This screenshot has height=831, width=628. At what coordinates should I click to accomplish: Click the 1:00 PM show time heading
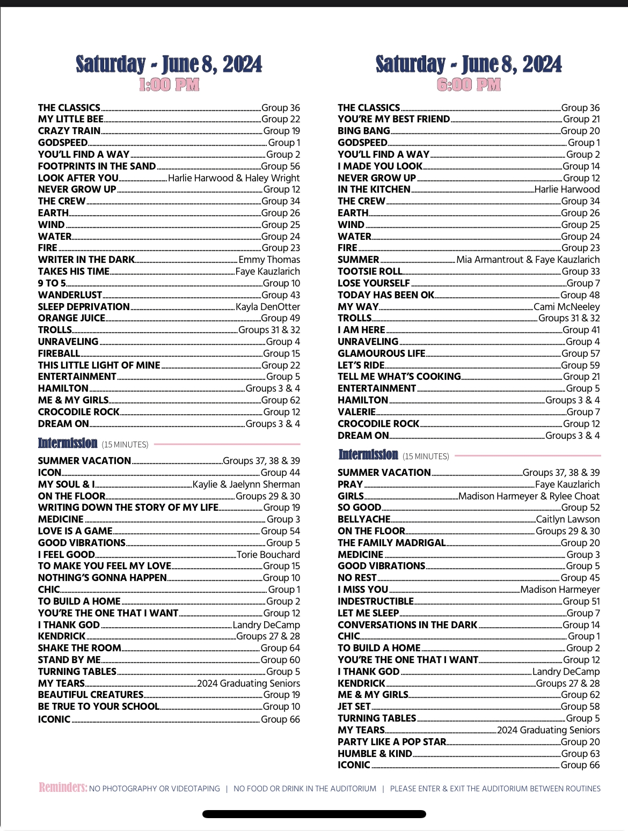169,85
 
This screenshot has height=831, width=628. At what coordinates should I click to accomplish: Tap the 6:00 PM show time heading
469,85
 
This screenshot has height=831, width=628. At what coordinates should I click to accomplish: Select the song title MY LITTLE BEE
71,119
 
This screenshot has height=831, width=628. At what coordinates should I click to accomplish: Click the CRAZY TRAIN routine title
69,131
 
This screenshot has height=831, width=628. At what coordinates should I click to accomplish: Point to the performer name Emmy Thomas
269,260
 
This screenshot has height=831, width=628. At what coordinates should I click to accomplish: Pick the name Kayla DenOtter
268,307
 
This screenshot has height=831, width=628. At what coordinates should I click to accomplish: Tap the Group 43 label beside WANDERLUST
281,295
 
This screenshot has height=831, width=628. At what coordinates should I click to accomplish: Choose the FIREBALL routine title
59,354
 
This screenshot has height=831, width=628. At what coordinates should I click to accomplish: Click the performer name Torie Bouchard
268,555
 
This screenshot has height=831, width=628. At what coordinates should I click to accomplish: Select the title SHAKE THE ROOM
79,648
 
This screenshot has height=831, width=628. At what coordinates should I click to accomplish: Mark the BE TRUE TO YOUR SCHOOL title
99,707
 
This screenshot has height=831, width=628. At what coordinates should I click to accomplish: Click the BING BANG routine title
364,131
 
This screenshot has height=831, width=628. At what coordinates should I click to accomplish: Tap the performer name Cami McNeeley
567,307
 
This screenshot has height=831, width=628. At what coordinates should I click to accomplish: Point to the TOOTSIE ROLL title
370,271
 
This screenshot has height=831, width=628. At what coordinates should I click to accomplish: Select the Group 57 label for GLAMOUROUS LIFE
581,354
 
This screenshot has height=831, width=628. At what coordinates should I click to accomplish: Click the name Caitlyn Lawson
568,519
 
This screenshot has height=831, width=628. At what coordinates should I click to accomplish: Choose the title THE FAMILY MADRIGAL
392,543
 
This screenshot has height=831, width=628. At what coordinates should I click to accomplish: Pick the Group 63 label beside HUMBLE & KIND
580,754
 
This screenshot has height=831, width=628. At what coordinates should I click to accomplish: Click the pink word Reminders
63,788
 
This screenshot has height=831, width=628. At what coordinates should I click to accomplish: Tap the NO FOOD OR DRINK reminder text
305,789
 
